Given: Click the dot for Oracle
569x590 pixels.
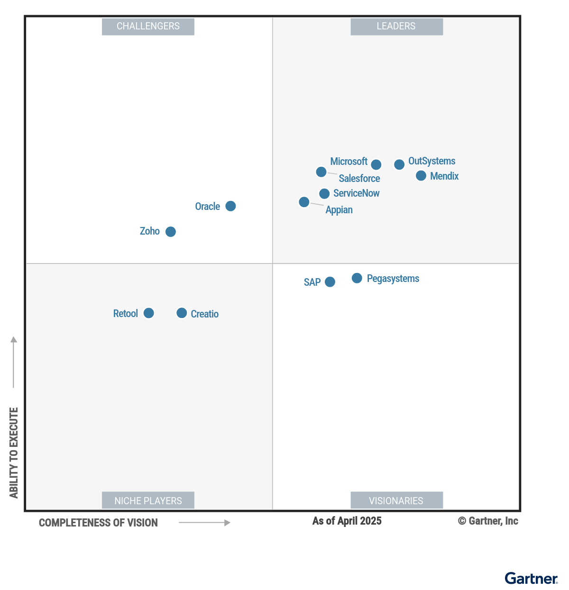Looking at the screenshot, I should click(230, 206).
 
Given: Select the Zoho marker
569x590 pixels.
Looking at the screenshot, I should click(171, 232).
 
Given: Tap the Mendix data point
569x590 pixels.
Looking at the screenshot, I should click(421, 176).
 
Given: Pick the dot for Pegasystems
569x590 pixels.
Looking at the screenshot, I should click(357, 278).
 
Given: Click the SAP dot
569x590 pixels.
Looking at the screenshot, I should click(330, 282).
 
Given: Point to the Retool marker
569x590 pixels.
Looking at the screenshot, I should click(148, 313).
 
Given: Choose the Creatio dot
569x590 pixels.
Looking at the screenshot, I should click(182, 313).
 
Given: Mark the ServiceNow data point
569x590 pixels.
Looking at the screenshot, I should click(324, 193).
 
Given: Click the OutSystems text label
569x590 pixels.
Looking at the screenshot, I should click(431, 161).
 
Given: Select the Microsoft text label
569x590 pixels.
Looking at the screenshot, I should click(349, 162).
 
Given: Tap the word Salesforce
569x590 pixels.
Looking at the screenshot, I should click(359, 179).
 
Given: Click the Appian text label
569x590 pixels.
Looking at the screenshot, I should click(339, 210).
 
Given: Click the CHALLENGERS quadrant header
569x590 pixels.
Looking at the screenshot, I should click(148, 27).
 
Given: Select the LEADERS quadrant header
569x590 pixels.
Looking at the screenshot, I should click(396, 27).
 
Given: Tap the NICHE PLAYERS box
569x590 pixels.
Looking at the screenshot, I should click(148, 500).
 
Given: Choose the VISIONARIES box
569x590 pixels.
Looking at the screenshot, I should click(396, 500).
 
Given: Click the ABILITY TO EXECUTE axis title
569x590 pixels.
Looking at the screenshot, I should click(14, 453).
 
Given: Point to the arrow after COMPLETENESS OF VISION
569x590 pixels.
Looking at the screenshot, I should click(204, 523).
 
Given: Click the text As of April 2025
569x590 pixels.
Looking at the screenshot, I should click(347, 521).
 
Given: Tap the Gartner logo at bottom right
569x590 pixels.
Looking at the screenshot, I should click(531, 579).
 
